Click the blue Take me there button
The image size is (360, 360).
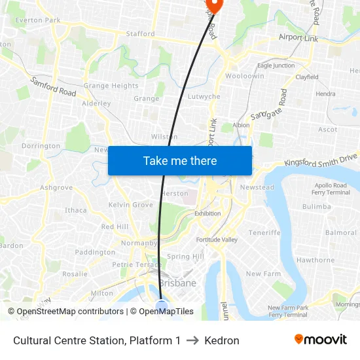coord(180,160)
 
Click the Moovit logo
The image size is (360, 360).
coord(320,340)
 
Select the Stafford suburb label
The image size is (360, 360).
coord(140,33)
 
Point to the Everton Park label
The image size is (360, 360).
coord(38,20)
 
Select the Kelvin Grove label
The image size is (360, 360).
coord(131,205)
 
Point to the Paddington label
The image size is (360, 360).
coord(95,252)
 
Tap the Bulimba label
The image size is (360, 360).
coord(317,206)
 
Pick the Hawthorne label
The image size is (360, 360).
coord(315,260)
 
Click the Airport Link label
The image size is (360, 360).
coord(298,38)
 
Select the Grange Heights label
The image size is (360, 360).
coord(111,86)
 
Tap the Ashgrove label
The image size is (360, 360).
coord(56,187)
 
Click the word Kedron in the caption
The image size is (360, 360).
coord(222,340)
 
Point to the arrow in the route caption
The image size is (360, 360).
coord(192,340)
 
